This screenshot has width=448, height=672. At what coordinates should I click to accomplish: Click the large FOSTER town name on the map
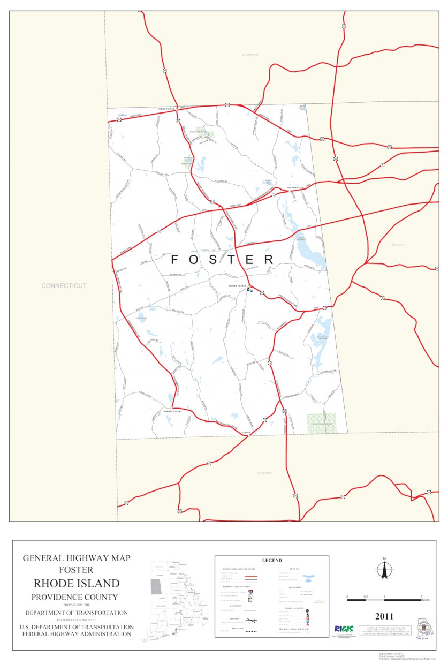(x=222, y=260)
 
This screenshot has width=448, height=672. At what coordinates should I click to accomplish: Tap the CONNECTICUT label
(x=64, y=286)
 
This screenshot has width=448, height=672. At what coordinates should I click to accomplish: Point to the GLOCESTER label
(x=250, y=55)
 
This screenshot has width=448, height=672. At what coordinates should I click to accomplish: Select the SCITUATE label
(x=398, y=245)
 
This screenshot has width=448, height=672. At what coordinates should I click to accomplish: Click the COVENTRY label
(x=264, y=473)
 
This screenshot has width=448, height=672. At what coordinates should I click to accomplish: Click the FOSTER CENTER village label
(x=237, y=286)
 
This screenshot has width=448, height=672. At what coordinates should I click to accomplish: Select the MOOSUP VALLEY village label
(x=173, y=411)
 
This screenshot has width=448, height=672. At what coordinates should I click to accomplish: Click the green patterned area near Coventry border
(x=321, y=422)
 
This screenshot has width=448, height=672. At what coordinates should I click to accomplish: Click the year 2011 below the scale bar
(x=384, y=616)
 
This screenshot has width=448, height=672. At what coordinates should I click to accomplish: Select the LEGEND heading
(x=271, y=561)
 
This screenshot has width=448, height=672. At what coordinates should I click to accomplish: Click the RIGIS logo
(x=343, y=629)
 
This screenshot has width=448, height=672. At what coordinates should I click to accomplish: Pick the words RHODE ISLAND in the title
(x=77, y=583)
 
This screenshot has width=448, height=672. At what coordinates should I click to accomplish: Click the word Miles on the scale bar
(x=426, y=600)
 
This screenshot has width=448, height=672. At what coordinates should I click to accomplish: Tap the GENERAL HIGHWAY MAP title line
(x=77, y=558)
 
